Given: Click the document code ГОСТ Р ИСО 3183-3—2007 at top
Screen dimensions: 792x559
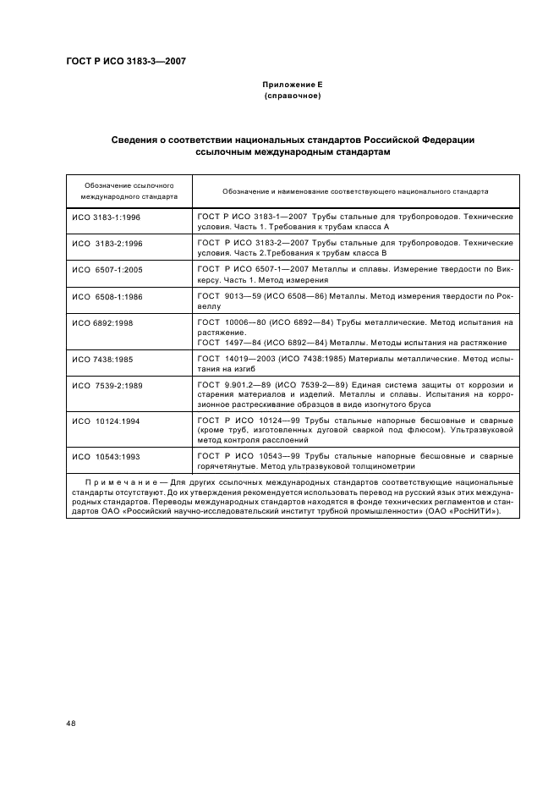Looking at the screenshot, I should [x=126, y=62].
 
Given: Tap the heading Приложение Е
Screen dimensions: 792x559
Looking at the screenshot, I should [x=293, y=85].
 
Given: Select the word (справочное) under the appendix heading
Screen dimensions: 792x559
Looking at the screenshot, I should [x=293, y=96].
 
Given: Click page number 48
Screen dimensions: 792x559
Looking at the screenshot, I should [x=71, y=723].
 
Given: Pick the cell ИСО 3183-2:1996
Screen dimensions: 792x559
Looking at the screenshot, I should [x=107, y=243].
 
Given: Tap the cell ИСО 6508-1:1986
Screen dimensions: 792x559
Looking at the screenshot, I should [x=107, y=296].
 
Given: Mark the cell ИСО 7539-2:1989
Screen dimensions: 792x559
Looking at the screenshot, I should [x=107, y=385].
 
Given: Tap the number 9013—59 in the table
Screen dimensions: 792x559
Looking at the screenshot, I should [x=244, y=296].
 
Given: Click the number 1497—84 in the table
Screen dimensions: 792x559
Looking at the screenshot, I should [x=244, y=343].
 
